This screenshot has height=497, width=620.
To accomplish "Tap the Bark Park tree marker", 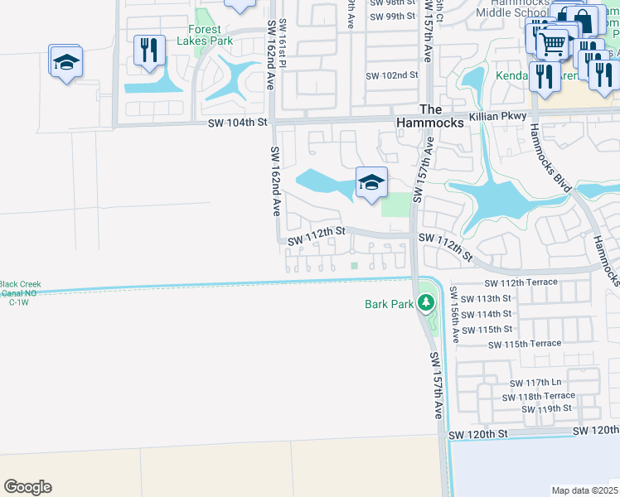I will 426,303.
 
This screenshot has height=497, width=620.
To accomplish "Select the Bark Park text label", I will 389,305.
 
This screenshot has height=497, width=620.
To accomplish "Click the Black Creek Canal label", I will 21,291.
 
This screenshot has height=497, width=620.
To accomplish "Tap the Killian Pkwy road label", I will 497,117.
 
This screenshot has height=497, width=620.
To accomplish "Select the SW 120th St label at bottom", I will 477,434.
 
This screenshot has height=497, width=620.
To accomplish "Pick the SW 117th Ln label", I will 536,383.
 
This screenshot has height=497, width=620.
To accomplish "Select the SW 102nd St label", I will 393,75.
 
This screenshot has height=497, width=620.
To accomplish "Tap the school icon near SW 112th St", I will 371,182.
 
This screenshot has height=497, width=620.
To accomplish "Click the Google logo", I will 27,487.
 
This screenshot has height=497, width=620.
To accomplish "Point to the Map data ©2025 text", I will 584,490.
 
